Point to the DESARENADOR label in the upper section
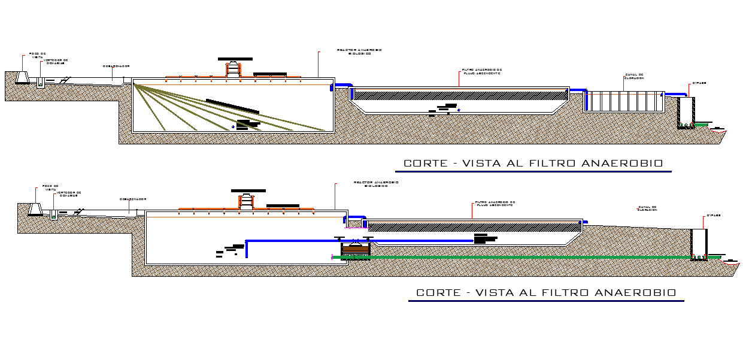point(116,66)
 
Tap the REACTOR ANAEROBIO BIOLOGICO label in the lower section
point(376,184)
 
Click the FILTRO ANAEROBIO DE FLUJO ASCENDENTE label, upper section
point(481,71)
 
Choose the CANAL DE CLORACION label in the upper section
point(634,76)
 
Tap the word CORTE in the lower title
point(437,293)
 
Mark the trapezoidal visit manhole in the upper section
point(22,78)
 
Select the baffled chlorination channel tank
point(624,101)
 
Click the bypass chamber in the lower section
point(698,244)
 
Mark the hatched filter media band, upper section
point(460,95)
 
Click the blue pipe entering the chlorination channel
point(578,91)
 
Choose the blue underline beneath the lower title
point(546,301)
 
